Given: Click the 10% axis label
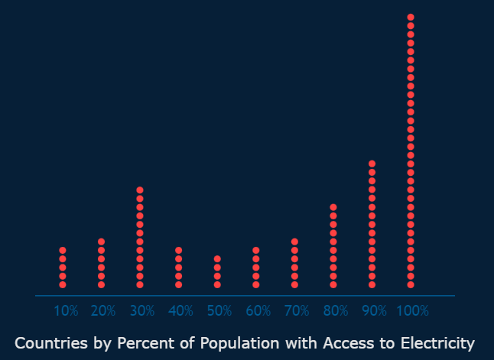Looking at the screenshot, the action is click(66, 311).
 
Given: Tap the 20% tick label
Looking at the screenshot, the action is click(103, 311).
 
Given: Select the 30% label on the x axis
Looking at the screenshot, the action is click(142, 311).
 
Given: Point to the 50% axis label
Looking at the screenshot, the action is click(219, 311).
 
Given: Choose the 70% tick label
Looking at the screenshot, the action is click(297, 311).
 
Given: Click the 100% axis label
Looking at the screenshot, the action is click(412, 311).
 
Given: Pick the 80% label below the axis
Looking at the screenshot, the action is click(336, 311).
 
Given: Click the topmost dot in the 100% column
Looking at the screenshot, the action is click(411, 17).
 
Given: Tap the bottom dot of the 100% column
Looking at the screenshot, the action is click(411, 285).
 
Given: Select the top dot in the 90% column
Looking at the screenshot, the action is click(372, 164).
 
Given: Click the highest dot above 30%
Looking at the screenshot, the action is click(140, 190).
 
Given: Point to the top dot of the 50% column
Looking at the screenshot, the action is click(217, 259).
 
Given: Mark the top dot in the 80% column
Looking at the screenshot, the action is click(333, 207).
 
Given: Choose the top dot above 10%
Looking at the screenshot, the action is click(63, 251).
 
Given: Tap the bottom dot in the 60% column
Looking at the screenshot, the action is click(256, 285).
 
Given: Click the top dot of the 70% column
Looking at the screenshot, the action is click(294, 242).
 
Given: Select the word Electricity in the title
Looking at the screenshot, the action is click(437, 343).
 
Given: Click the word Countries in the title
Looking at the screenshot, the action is click(51, 342).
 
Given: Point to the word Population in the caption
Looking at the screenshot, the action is click(240, 343).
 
